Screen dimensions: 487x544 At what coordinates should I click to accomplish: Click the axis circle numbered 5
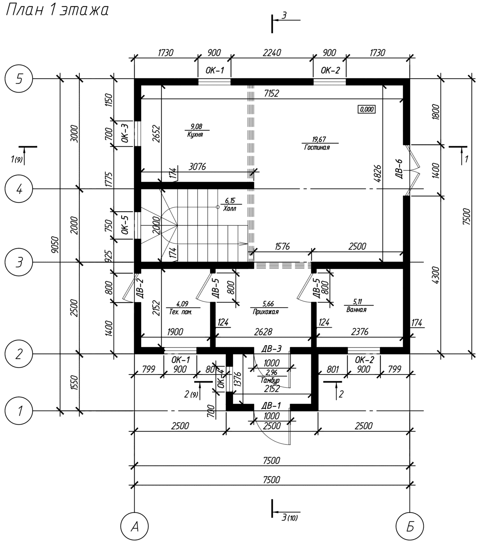coord(19,79)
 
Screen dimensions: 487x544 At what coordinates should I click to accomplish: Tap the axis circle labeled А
coord(134,527)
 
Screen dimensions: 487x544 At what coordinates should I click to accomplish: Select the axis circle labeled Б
coord(410,527)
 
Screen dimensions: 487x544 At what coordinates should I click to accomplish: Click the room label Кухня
coord(195,135)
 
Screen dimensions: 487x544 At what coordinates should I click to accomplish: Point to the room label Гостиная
coord(317,147)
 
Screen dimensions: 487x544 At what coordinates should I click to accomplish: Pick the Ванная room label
coord(356,310)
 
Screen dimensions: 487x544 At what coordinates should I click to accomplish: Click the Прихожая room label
coord(266,312)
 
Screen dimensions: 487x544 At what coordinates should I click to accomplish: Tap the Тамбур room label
coord(270,380)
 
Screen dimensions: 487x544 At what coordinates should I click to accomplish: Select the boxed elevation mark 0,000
coord(367,109)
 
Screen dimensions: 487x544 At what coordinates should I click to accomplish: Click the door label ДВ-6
coord(400,169)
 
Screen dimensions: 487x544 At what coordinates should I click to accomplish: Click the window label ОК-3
coord(125,133)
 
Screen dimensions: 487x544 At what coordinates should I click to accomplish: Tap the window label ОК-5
coord(125,225)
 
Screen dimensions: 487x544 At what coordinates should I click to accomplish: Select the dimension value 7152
coord(271,94)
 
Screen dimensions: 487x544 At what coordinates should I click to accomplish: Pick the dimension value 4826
coord(377,173)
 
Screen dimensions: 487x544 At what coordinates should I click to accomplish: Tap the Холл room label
coord(229,209)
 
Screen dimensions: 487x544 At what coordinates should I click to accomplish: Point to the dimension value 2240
coord(272,53)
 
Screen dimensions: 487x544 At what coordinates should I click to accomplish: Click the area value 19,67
coord(319,139)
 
